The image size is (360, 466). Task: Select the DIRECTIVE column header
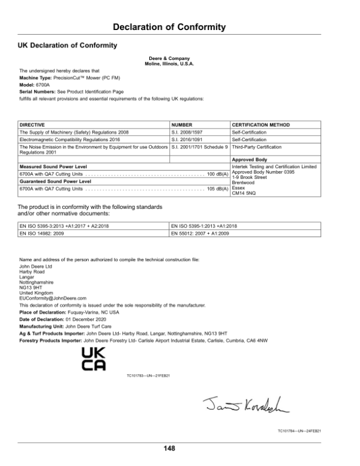[x=33, y=124]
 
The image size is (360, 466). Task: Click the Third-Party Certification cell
[x=256, y=146]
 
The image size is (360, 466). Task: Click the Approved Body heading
[x=248, y=160]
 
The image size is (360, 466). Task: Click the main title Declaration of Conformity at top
[x=169, y=27]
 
